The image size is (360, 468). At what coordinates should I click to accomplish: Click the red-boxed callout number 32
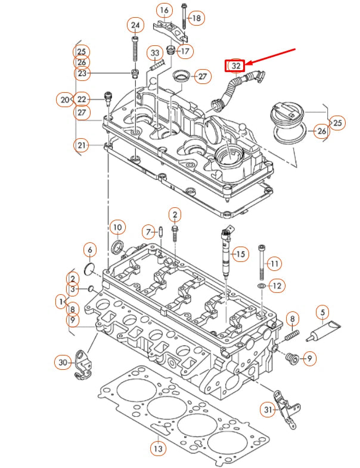click(x=235, y=65)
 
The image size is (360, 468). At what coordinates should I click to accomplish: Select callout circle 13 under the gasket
click(x=157, y=448)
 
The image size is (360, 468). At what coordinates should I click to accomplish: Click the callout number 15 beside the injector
click(x=239, y=255)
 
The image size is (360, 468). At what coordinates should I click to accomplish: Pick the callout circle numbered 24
click(x=135, y=25)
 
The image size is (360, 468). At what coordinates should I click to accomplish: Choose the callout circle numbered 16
click(x=165, y=10)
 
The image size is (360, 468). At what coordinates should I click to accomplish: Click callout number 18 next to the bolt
click(x=195, y=18)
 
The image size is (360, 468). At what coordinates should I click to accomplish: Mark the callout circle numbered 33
click(x=156, y=54)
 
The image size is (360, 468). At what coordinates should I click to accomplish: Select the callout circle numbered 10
click(x=117, y=227)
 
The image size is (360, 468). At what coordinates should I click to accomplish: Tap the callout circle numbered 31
click(x=268, y=409)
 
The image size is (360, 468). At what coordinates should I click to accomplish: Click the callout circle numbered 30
click(x=63, y=361)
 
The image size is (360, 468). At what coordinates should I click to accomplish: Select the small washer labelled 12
click(x=262, y=287)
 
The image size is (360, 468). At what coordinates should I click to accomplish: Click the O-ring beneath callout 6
click(x=89, y=270)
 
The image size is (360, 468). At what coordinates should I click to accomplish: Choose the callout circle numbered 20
click(x=65, y=99)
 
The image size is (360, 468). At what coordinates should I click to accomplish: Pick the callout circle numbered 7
click(x=147, y=231)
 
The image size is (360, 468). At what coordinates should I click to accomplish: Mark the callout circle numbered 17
click(x=184, y=51)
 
